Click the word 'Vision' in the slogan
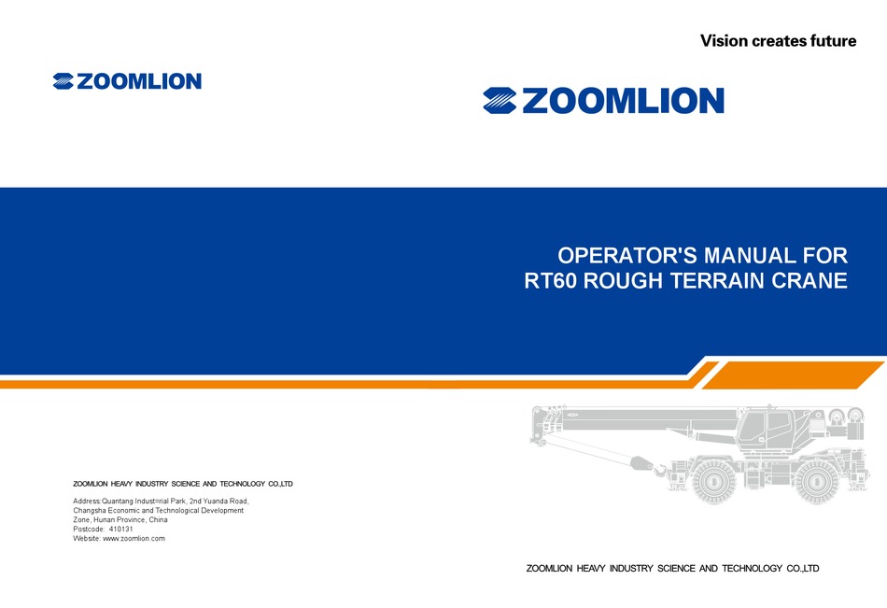click(x=724, y=40)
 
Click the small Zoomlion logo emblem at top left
click(x=63, y=81)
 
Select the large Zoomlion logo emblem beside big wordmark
click(x=500, y=101)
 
